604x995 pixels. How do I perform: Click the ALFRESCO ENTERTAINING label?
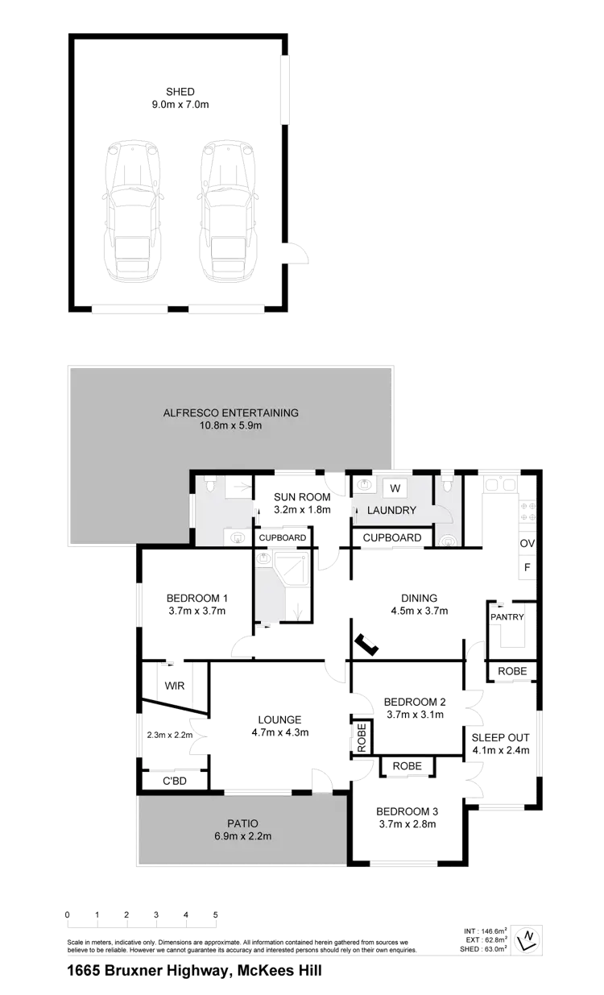[x=230, y=413]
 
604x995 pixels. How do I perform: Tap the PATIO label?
[x=242, y=823]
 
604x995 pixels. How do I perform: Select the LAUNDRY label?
[x=391, y=511]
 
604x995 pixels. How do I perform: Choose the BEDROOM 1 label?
[x=197, y=598]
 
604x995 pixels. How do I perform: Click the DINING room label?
[x=418, y=598]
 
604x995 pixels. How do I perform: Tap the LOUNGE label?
[x=279, y=719]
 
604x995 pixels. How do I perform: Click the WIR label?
[x=173, y=686]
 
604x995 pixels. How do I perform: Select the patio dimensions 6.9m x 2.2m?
[x=242, y=836]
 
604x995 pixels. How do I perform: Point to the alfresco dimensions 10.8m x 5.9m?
[x=230, y=425]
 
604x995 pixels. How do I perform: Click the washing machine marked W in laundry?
[x=395, y=487]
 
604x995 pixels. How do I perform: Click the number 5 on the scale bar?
[x=216, y=915]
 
